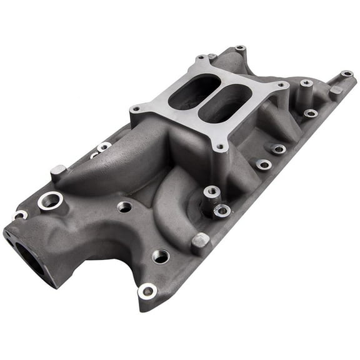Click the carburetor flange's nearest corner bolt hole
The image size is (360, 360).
pos(220,148)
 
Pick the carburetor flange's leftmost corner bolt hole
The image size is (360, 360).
pos(135,109)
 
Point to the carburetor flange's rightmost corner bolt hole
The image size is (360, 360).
pos(282,85)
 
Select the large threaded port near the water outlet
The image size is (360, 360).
pos(50,201)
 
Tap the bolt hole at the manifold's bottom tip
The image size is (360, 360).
pos(147,291)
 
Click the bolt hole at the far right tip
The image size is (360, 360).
pos(346,74)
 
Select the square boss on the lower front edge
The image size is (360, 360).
pos(201,241)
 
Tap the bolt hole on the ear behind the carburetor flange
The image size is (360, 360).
pos(240,48)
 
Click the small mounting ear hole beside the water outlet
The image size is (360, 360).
pos(19,215)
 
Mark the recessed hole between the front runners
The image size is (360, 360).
pos(124,206)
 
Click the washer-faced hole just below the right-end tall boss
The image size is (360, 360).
pos(311,113)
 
